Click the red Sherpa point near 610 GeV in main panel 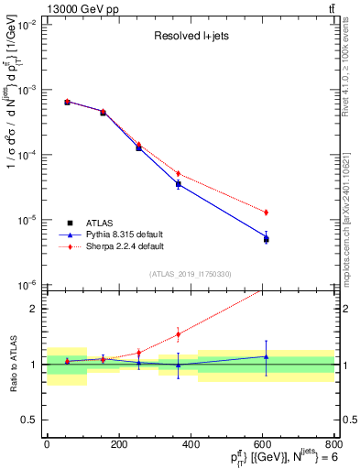266,213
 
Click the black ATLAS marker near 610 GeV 266,239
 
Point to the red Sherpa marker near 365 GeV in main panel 178,173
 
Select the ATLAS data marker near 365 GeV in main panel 178,184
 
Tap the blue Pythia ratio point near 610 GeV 266,356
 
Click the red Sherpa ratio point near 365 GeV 178,333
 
